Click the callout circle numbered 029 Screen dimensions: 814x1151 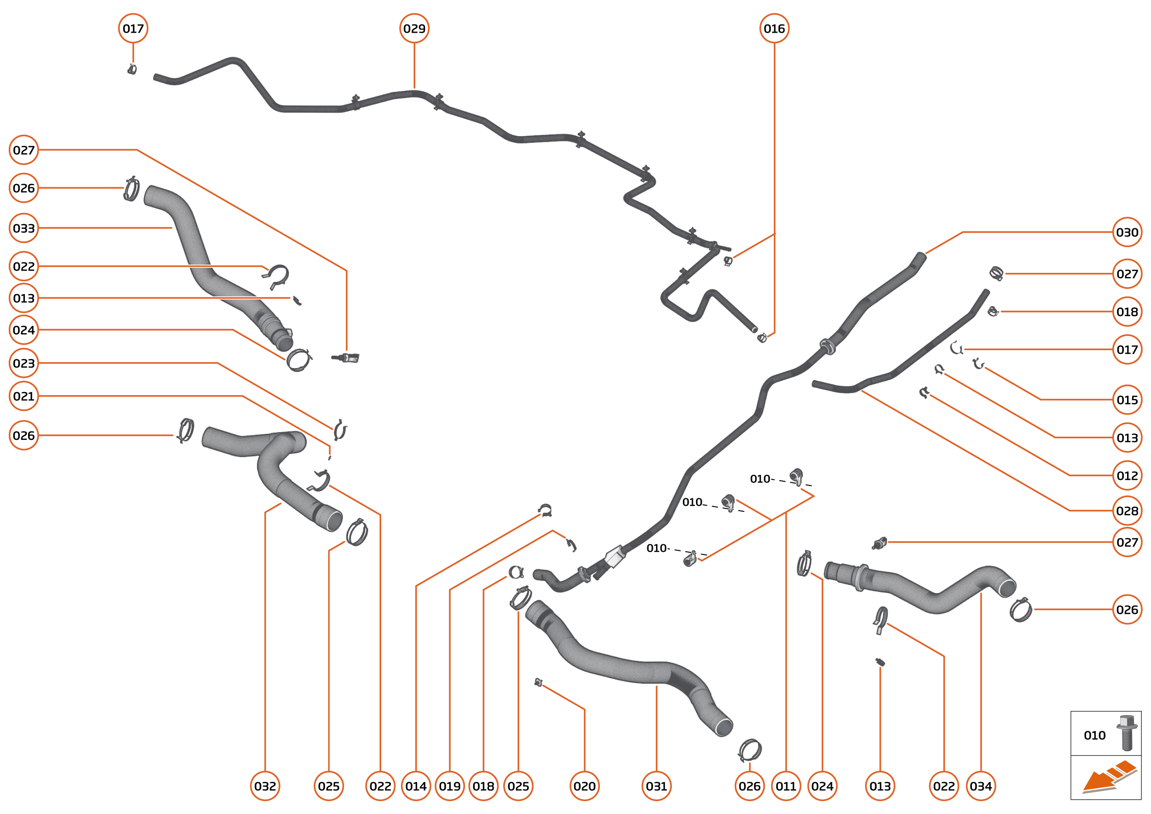pos(414,29)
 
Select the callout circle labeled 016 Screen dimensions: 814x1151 pos(774,29)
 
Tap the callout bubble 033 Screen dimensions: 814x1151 pos(23,228)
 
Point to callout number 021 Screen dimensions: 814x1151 pos(23,396)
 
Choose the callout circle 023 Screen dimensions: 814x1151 pos(23,363)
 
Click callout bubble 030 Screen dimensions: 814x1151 pos(1127,232)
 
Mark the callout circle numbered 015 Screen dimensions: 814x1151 pos(1127,399)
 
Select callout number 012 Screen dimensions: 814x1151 pos(1127,475)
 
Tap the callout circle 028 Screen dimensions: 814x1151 pos(1127,511)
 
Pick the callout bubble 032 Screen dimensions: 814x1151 pos(265,786)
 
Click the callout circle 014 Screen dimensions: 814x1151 pos(416,786)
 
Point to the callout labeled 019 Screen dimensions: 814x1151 pos(449,786)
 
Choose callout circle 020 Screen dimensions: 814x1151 pos(584,786)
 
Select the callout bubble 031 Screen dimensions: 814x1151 pos(656,786)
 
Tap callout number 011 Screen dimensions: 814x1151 pos(786,786)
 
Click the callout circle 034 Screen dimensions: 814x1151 pos(981,786)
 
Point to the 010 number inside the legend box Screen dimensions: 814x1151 pos(1094,735)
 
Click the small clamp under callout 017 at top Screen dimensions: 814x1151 pos(132,69)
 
